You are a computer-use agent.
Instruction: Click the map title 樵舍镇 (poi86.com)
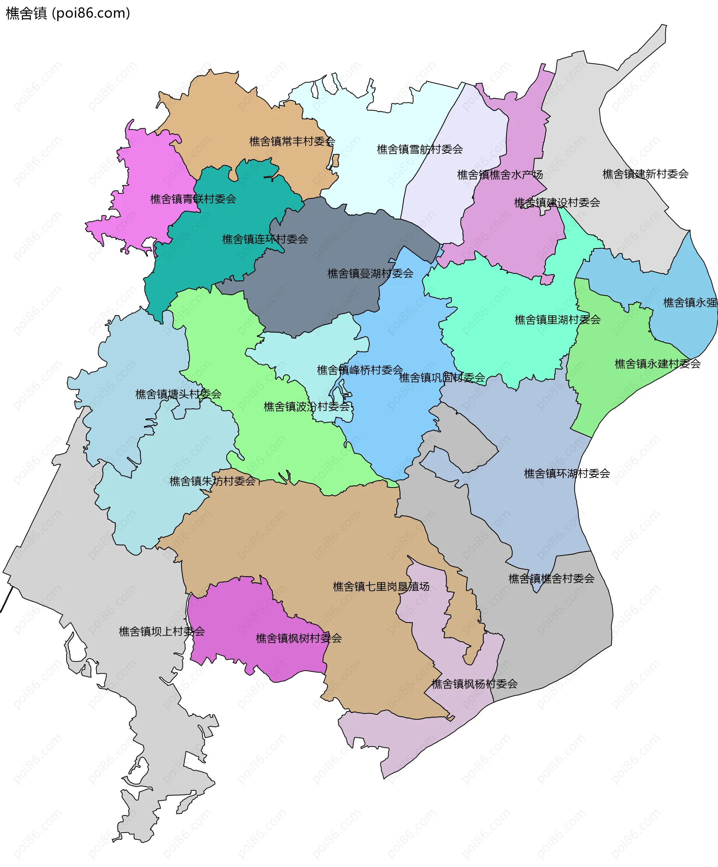[68, 13]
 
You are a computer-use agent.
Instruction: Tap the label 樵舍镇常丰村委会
[292, 142]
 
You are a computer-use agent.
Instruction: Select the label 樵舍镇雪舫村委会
[420, 150]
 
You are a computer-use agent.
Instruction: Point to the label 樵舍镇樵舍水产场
[500, 175]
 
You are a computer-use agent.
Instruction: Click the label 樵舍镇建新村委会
[645, 174]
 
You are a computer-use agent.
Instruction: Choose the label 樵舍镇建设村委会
[556, 203]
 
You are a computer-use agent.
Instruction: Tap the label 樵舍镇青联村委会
[193, 199]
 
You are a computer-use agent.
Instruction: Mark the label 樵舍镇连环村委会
[265, 239]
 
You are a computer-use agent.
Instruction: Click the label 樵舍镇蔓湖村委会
[370, 274]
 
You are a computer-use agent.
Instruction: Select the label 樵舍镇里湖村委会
[558, 320]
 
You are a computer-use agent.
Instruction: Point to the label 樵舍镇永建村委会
[657, 364]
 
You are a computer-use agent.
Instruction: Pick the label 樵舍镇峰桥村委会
[360, 370]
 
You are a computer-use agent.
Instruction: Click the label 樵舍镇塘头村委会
[178, 394]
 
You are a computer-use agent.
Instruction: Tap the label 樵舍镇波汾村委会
[306, 407]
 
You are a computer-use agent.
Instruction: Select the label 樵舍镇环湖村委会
[567, 474]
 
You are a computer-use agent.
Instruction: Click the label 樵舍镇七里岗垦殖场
[381, 587]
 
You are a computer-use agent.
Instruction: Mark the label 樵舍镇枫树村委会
[298, 639]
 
